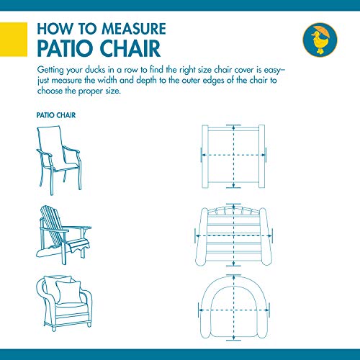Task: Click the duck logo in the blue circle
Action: point(320,40)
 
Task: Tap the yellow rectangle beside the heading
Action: point(14,40)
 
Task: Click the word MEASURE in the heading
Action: point(134,29)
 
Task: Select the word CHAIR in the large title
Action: point(130,48)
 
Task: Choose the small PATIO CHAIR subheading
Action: point(56,115)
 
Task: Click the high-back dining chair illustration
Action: point(59,160)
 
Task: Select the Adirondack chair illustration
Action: point(63,235)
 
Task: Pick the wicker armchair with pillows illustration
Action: point(64,303)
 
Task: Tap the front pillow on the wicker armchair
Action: point(68,292)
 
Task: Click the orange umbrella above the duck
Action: point(320,30)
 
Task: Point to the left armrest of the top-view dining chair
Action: point(204,156)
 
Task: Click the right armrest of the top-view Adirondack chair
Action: point(266,237)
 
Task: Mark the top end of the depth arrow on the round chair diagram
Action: point(233,275)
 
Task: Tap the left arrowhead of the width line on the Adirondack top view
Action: point(197,235)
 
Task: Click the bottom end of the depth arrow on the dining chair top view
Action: point(233,186)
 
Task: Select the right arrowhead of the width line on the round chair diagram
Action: point(268,310)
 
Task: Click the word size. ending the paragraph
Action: point(113,91)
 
